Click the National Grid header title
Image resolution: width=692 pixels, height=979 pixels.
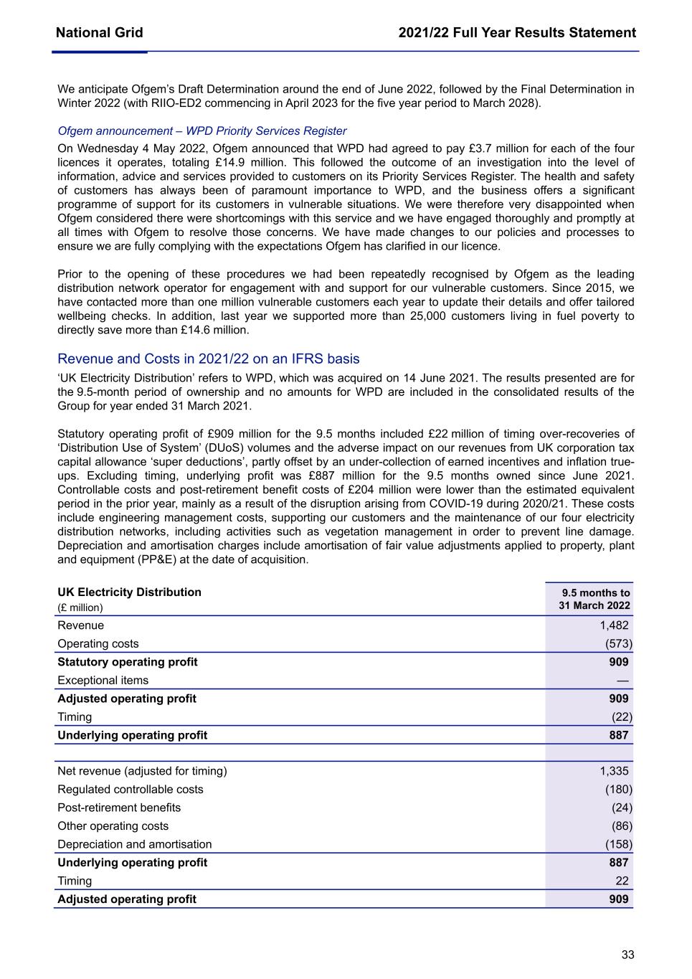(x=99, y=32)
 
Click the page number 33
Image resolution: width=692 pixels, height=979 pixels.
(x=627, y=955)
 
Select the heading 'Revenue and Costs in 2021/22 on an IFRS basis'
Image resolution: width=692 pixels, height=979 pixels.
(x=208, y=359)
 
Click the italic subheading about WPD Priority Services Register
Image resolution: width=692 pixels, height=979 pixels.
(x=202, y=131)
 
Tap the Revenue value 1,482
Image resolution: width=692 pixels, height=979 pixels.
(x=614, y=625)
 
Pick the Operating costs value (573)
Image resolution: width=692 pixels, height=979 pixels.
(x=619, y=644)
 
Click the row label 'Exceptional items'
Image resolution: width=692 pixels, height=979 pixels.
(x=103, y=680)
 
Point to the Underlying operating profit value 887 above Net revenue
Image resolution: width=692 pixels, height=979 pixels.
(x=618, y=735)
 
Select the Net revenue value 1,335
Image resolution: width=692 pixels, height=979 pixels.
(x=614, y=771)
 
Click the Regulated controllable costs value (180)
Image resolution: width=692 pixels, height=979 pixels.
(x=619, y=790)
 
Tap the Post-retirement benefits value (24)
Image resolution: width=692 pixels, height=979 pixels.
(x=622, y=808)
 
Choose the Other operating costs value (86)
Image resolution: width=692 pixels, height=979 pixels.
(x=622, y=826)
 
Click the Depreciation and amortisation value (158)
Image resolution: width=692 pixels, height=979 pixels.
(x=619, y=844)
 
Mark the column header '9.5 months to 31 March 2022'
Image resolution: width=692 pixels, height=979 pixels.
(x=595, y=599)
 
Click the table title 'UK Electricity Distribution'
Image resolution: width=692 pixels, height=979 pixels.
(x=129, y=592)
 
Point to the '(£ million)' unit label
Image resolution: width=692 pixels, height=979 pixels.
(x=80, y=607)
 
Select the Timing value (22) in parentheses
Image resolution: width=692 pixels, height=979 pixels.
(x=622, y=716)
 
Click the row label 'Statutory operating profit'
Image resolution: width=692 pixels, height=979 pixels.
(x=128, y=662)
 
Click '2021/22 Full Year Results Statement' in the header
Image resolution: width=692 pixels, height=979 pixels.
(x=517, y=32)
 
